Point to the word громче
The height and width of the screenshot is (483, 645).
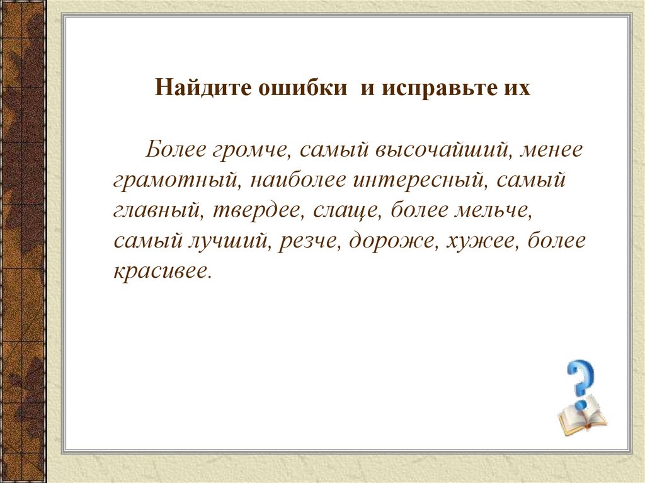[249, 151]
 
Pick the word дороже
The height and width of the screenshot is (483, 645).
[388, 241]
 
